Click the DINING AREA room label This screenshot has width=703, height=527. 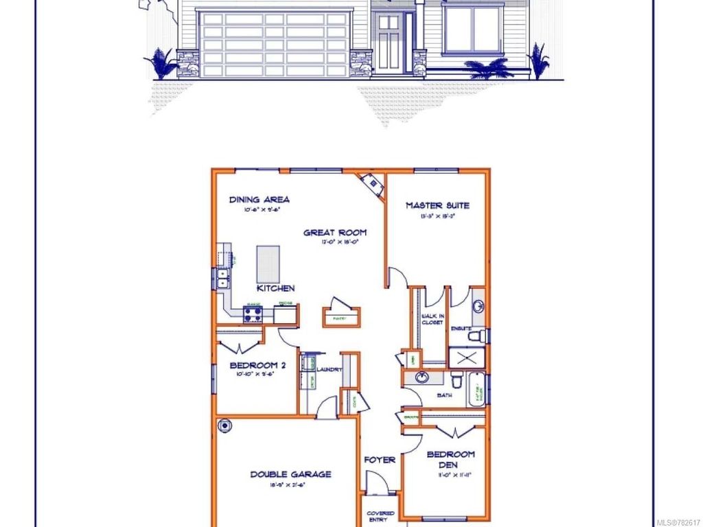tap(259, 200)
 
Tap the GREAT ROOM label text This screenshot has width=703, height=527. tap(335, 233)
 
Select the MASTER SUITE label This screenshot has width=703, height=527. tap(437, 205)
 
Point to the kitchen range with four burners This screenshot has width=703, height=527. tap(252, 315)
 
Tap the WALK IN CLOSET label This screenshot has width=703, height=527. tap(433, 319)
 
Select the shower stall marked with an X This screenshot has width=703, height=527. tap(466, 358)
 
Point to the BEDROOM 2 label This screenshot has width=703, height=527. tap(253, 365)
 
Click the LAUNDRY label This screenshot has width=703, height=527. tap(330, 370)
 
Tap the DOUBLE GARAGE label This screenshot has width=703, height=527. tap(290, 474)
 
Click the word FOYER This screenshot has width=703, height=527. tap(380, 460)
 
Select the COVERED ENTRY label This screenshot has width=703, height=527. tap(380, 517)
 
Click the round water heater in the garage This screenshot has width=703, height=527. tap(224, 426)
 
